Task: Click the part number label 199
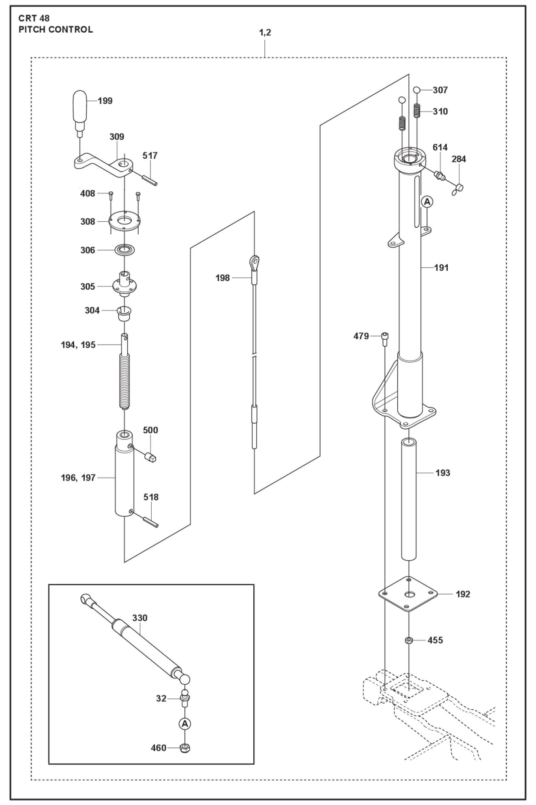tap(105, 101)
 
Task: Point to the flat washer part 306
tap(125, 250)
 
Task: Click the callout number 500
tap(150, 430)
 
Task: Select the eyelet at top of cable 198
tap(254, 263)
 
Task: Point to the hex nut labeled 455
tap(408, 640)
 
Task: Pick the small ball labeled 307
tap(417, 89)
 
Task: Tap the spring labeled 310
tap(417, 111)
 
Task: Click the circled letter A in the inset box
tap(184, 723)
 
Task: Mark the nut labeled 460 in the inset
tap(184, 748)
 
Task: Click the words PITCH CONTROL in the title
tap(56, 29)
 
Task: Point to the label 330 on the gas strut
tap(140, 618)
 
